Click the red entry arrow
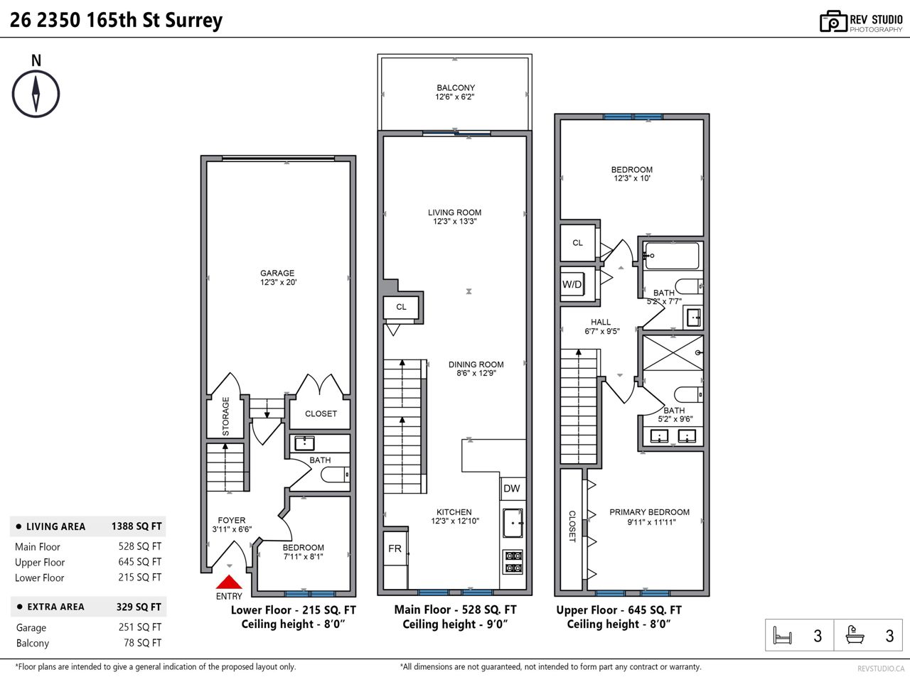229,583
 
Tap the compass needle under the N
36,94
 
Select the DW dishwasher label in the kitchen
512,488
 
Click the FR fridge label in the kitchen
395,548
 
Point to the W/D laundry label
572,285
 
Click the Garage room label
277,273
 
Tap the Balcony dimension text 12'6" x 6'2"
455,97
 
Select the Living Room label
454,212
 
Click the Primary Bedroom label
650,512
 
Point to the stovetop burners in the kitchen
513,562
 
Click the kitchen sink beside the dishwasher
513,524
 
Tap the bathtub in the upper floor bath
671,256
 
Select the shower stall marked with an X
673,353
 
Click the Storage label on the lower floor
225,416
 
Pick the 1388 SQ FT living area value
136,526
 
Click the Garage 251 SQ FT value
140,627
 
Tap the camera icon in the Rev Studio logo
833,21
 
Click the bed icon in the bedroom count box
782,635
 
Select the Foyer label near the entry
231,520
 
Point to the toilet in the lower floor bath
335,475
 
